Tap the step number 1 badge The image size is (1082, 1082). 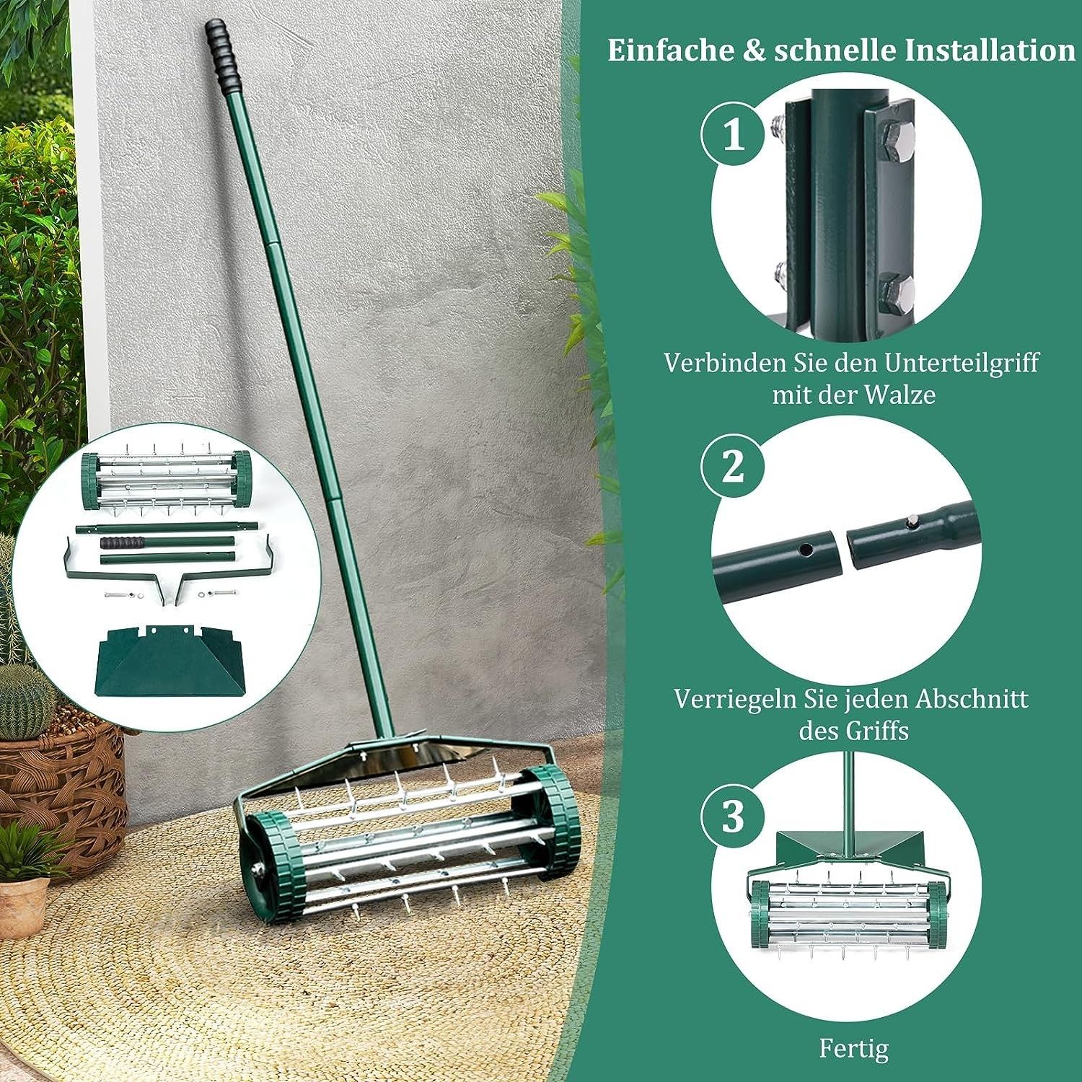[x=734, y=135]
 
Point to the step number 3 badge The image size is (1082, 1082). [x=733, y=816]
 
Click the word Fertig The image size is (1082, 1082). [x=853, y=1047]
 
